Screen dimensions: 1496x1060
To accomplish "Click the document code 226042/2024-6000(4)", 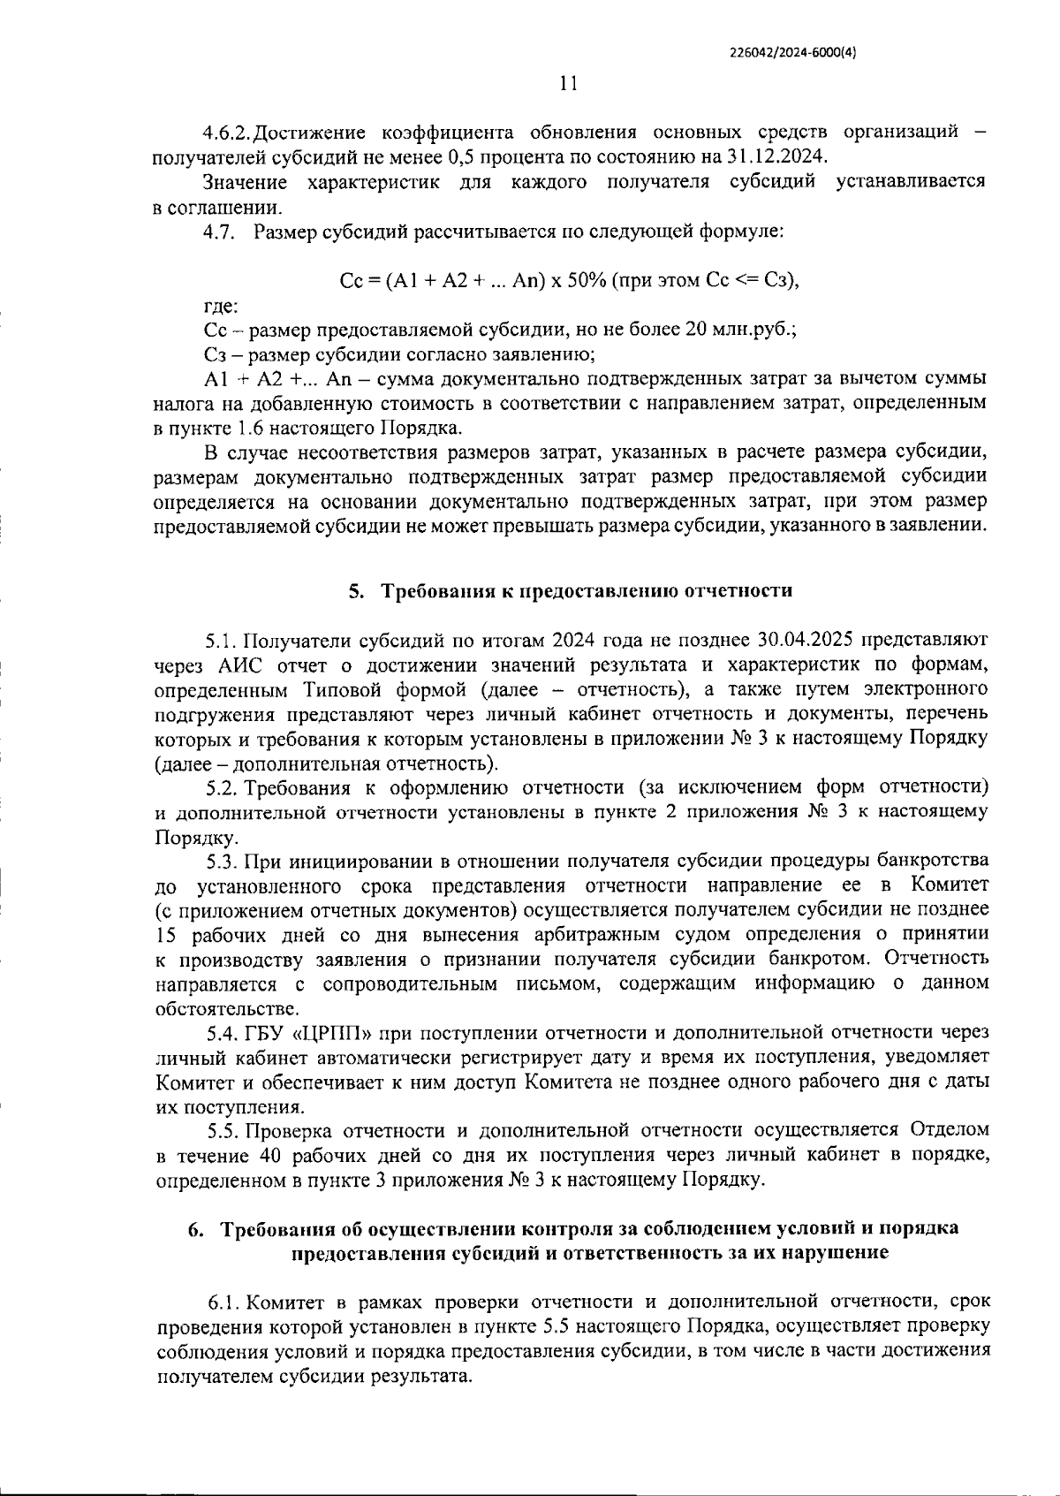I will (793, 51).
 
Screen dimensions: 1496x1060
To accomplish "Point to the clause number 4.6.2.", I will (227, 133).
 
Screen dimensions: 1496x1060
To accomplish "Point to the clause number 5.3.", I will (223, 861).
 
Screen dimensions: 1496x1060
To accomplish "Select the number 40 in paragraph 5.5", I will (270, 1155).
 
